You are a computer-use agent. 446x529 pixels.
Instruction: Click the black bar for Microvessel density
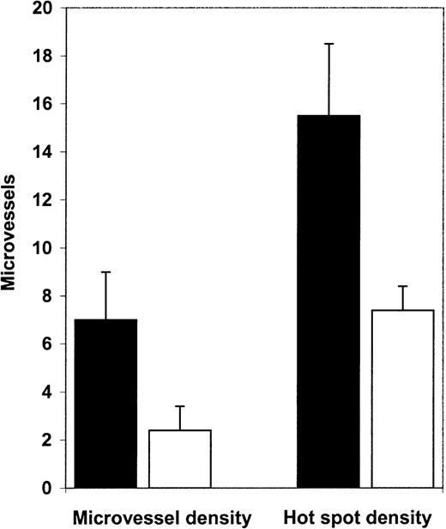pyautogui.click(x=106, y=404)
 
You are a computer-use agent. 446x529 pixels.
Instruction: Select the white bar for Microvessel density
pyautogui.click(x=180, y=459)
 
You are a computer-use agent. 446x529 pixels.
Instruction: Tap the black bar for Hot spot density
pyautogui.click(x=328, y=301)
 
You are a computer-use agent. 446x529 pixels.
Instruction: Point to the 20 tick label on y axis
pyautogui.click(x=40, y=9)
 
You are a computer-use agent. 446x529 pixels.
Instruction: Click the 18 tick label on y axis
pyautogui.click(x=40, y=57)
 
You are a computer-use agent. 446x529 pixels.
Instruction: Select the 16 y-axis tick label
pyautogui.click(x=40, y=105)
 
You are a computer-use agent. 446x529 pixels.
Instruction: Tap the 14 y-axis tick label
pyautogui.click(x=40, y=153)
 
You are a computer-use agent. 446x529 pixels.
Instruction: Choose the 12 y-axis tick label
pyautogui.click(x=40, y=200)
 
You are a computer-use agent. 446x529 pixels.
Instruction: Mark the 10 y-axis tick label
pyautogui.click(x=40, y=248)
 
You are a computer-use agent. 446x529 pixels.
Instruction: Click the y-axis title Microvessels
pyautogui.click(x=12, y=249)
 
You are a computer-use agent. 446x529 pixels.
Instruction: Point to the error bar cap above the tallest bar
pyautogui.click(x=328, y=44)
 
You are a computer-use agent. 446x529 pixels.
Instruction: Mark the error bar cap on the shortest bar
pyautogui.click(x=180, y=407)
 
